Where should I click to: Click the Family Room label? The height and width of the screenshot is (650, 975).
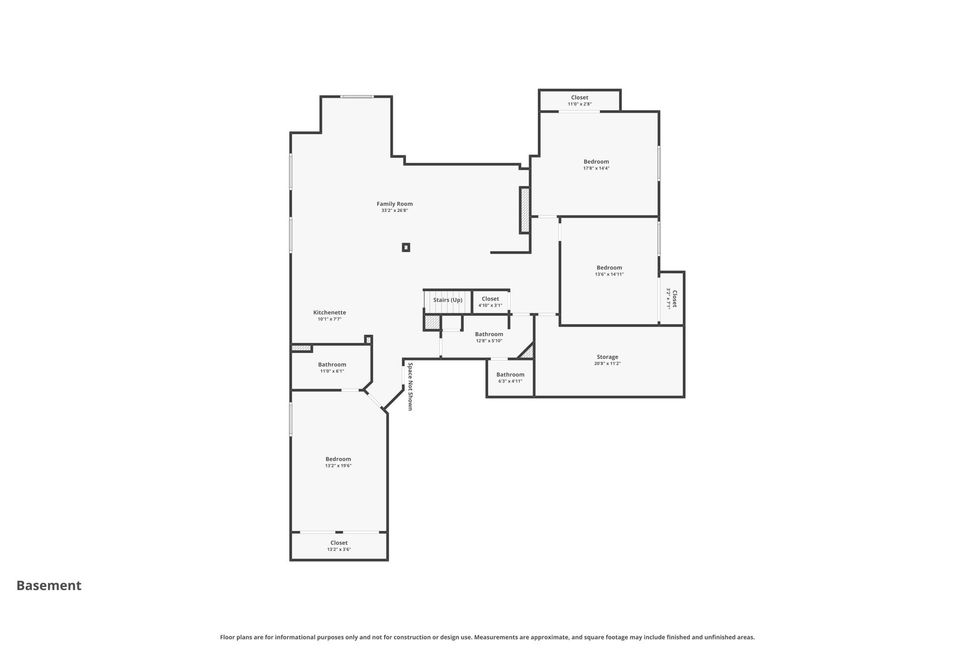394,204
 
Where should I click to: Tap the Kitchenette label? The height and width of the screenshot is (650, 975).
329,312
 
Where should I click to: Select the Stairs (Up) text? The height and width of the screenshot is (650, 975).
448,300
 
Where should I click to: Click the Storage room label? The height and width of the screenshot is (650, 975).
607,357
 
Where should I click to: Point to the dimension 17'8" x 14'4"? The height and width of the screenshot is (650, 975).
596,168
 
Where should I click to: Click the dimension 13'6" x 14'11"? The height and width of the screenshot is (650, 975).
609,274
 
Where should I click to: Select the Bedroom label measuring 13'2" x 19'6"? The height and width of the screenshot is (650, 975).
338,459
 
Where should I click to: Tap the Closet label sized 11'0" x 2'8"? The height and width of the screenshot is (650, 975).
579,98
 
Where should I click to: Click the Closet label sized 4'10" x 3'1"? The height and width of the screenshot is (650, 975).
490,299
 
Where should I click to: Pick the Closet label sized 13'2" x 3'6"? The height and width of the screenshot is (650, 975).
339,543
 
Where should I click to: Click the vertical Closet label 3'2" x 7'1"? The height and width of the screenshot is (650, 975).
674,299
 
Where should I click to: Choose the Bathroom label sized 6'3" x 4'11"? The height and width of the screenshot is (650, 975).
510,375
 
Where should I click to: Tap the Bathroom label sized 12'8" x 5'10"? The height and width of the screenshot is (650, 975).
489,334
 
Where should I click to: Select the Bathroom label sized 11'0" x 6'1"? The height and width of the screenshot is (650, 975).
332,365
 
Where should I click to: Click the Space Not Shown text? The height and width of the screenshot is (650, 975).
410,386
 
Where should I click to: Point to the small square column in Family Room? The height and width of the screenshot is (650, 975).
406,247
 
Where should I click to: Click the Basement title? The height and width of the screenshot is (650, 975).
49,585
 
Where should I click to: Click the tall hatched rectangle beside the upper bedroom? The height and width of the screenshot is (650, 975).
525,210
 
